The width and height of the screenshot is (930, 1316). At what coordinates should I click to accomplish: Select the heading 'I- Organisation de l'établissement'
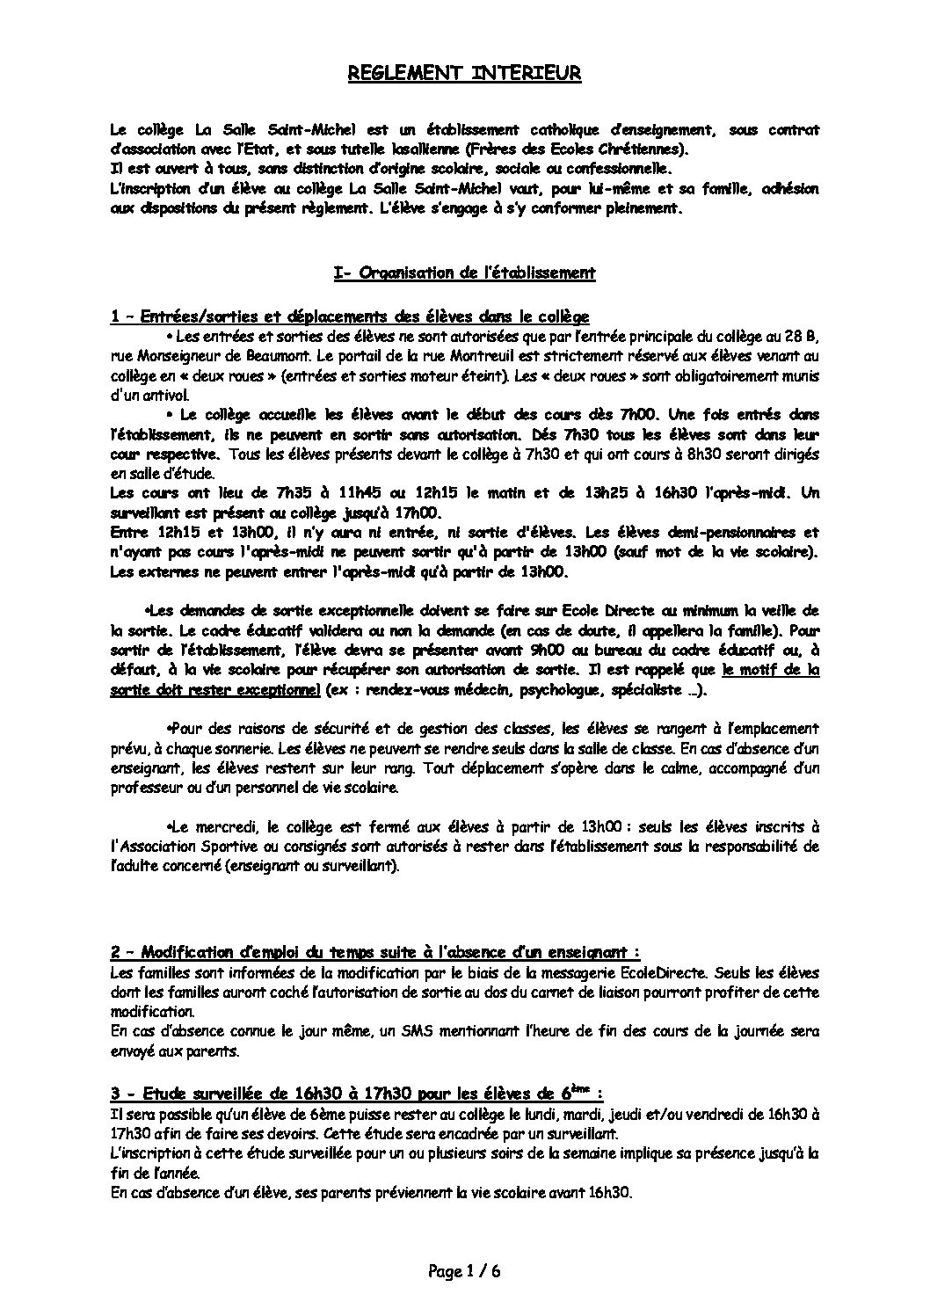pyautogui.click(x=465, y=273)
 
